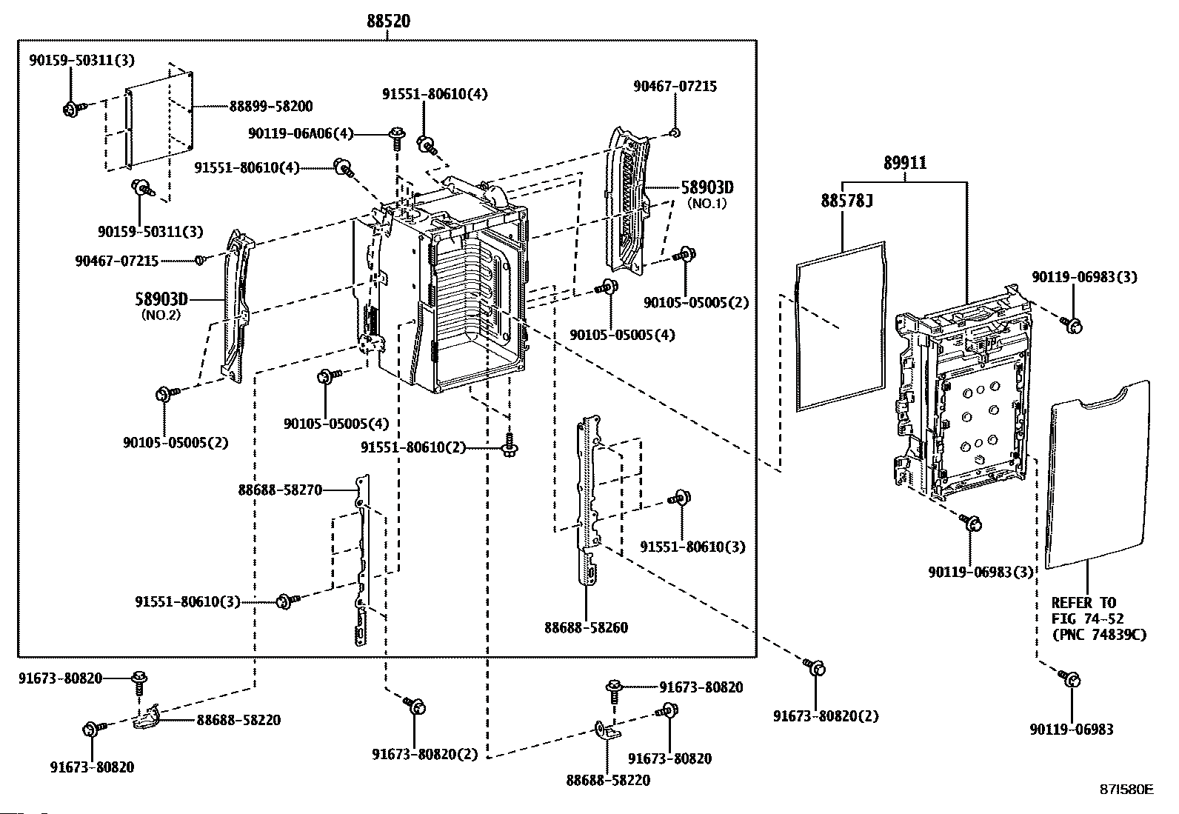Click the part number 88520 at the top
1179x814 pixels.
(x=388, y=22)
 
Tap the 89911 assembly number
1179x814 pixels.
(x=905, y=164)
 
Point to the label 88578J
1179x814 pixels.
(x=842, y=200)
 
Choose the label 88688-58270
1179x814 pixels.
(x=280, y=490)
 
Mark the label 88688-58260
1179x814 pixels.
(x=586, y=628)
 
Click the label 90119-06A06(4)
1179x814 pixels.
(x=301, y=133)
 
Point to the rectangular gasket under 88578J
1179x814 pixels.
(x=841, y=326)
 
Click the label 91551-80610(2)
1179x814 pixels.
(x=413, y=448)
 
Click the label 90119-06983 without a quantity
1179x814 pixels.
(x=1071, y=730)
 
